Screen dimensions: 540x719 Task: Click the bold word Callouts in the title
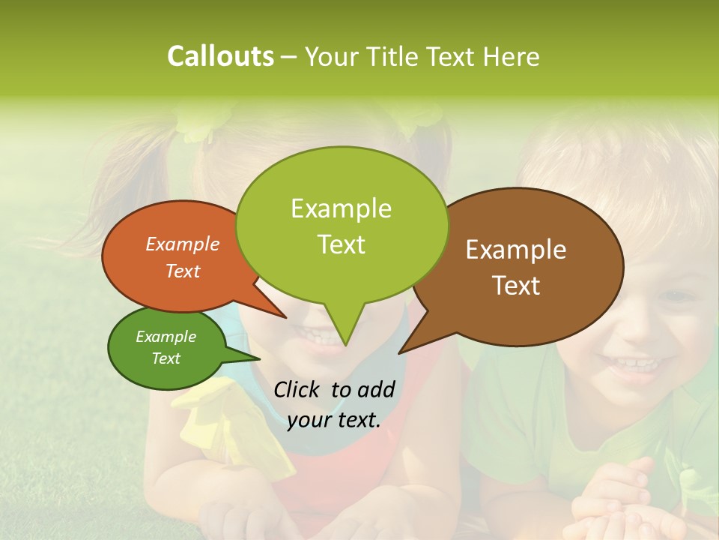point(220,56)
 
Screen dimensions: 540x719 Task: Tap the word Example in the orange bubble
point(182,244)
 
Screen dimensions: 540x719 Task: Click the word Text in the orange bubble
point(182,271)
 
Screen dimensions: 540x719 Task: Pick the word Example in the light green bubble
point(341,208)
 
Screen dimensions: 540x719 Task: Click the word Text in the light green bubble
point(341,244)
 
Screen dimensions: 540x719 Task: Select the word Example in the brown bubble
point(516,250)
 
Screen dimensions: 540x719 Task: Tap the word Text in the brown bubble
point(516,285)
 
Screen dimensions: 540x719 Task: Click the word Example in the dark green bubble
point(166,337)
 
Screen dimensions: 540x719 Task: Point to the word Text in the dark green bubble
point(166,358)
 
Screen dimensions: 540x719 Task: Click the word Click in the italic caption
point(299,389)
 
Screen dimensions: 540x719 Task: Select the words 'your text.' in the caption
point(334,420)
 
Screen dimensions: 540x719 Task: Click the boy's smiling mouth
point(634,365)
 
